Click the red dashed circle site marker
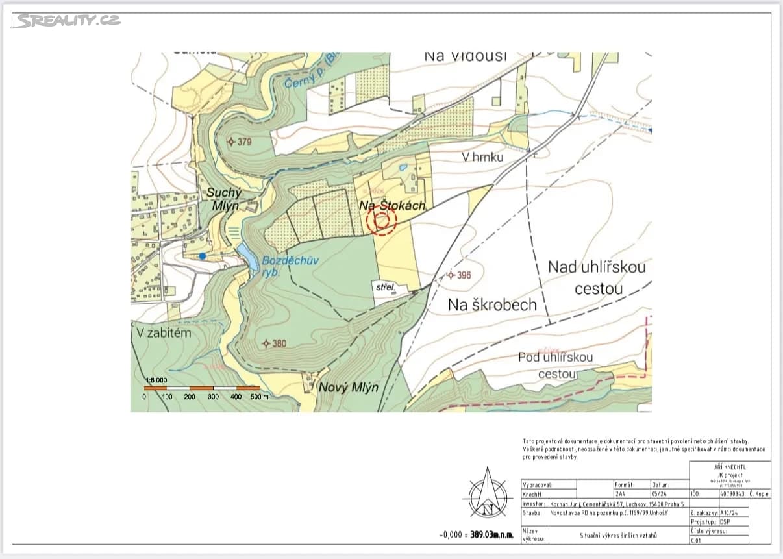(x=381, y=221)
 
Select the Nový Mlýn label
(x=348, y=388)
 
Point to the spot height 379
(x=240, y=142)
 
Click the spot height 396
(x=459, y=275)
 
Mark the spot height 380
(x=274, y=343)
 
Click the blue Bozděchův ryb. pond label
(x=282, y=266)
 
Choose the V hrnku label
(x=482, y=157)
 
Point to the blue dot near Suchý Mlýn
(x=203, y=256)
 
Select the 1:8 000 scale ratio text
(x=156, y=380)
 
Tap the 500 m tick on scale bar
(x=260, y=396)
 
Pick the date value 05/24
(x=659, y=494)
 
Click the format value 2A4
(x=621, y=494)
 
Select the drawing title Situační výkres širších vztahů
(x=618, y=536)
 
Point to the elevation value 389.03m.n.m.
(x=488, y=535)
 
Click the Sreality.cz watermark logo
(x=68, y=21)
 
